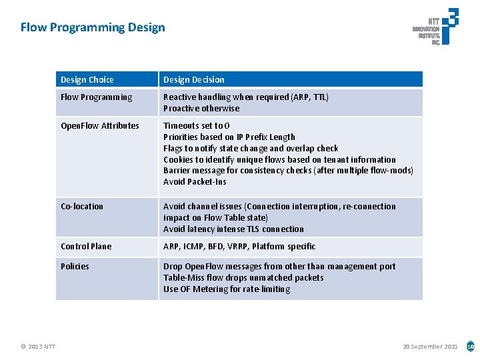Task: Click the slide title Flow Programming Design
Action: pyautogui.click(x=93, y=27)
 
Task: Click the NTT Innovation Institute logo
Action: pyautogui.click(x=435, y=27)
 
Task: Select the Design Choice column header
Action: pyautogui.click(x=87, y=80)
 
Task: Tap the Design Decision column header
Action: pyautogui.click(x=194, y=80)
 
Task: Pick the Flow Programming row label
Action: pyautogui.click(x=97, y=97)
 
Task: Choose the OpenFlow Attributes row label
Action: pyautogui.click(x=100, y=126)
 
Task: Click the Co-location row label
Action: pyautogui.click(x=82, y=207)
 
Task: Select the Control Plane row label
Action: pyautogui.click(x=86, y=247)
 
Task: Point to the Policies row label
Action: pyautogui.click(x=75, y=267)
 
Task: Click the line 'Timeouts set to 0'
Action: pyautogui.click(x=197, y=126)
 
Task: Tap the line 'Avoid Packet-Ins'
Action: pyautogui.click(x=195, y=182)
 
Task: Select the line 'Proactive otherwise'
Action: pyautogui.click(x=201, y=109)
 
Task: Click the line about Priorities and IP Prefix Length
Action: pyautogui.click(x=229, y=137)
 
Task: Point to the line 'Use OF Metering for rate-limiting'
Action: pyautogui.click(x=227, y=289)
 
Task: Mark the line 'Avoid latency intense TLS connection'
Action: pyautogui.click(x=233, y=229)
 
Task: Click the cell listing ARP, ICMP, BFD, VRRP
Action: pyautogui.click(x=239, y=247)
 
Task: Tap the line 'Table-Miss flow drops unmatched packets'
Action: pyautogui.click(x=243, y=278)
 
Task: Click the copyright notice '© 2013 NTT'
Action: pyautogui.click(x=38, y=346)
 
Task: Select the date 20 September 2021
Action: pyautogui.click(x=430, y=346)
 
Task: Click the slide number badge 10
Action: pyautogui.click(x=470, y=346)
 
